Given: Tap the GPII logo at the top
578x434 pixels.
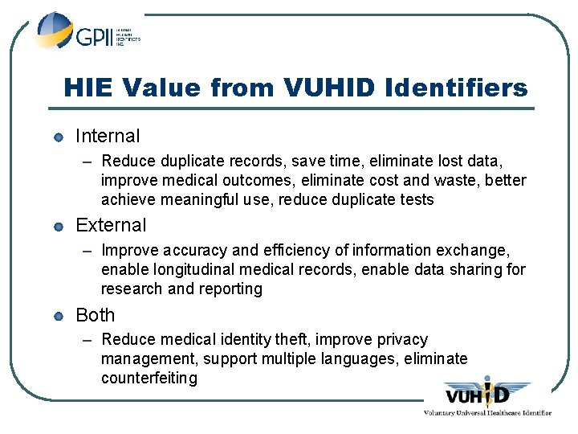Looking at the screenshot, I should click(84, 34).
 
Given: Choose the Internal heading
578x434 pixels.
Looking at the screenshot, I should click(108, 136).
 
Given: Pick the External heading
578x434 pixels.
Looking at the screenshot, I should click(111, 225).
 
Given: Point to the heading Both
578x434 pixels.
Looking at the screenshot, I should click(95, 315).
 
